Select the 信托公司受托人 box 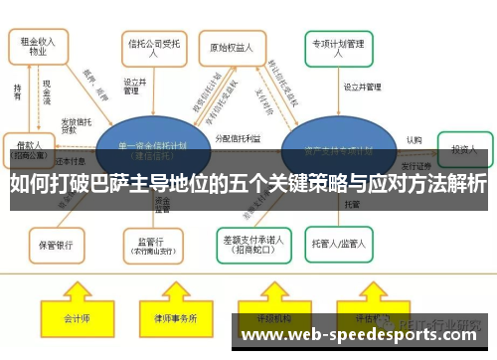(148, 48)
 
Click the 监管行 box (148, 242)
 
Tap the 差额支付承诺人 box (248, 243)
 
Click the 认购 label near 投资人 (414, 139)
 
